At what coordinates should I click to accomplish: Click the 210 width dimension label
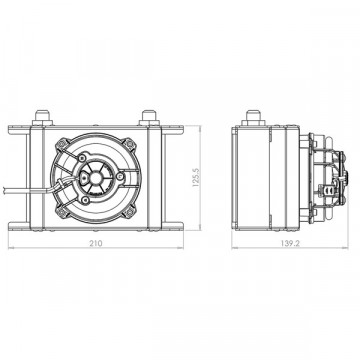point(96,243)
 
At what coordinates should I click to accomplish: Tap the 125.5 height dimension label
point(195,177)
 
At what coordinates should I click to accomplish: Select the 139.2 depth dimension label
point(289,243)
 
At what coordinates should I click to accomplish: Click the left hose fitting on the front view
point(42,118)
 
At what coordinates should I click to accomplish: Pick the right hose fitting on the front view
point(149,118)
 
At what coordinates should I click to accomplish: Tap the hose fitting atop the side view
point(253,118)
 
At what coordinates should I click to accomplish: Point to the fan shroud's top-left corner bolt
point(61,144)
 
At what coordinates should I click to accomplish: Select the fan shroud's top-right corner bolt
point(130,144)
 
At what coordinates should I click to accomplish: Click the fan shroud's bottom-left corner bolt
point(61,212)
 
